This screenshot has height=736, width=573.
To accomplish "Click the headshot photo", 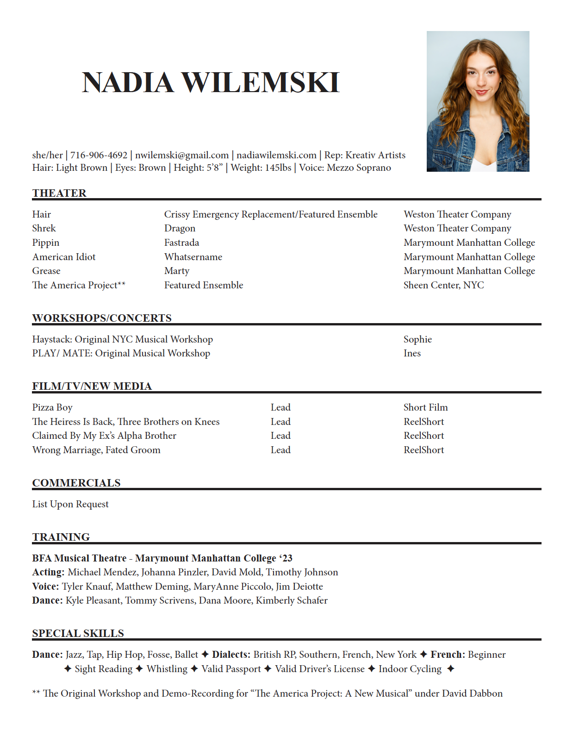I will pyautogui.click(x=478, y=101).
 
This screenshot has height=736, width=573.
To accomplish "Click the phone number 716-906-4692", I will pyautogui.click(x=99, y=155).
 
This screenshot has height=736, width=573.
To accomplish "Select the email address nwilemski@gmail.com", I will pyautogui.click(x=182, y=155).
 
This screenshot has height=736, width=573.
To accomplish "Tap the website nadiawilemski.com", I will pyautogui.click(x=276, y=155).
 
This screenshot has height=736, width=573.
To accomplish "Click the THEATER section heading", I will pyautogui.click(x=59, y=193).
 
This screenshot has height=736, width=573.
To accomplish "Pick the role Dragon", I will pyautogui.click(x=180, y=228).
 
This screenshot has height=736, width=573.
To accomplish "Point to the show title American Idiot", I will pyautogui.click(x=64, y=257).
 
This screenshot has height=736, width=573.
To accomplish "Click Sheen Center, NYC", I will pyautogui.click(x=443, y=285).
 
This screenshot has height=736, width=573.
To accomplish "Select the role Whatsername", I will pyautogui.click(x=193, y=257).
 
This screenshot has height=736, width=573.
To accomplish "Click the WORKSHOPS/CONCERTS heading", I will pyautogui.click(x=102, y=318).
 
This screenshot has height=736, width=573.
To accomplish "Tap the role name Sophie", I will pyautogui.click(x=417, y=339).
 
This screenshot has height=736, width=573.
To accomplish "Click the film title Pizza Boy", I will pyautogui.click(x=52, y=407).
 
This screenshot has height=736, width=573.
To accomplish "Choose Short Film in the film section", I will pyautogui.click(x=425, y=407).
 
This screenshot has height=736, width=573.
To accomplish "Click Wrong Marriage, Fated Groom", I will pyautogui.click(x=96, y=450).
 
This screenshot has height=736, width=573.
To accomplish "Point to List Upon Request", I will pyautogui.click(x=70, y=504).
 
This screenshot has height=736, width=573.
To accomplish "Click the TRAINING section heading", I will pyautogui.click(x=61, y=537).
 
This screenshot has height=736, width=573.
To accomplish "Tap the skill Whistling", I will pyautogui.click(x=167, y=669).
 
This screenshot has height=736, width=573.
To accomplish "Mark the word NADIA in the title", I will pyautogui.click(x=128, y=83).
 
